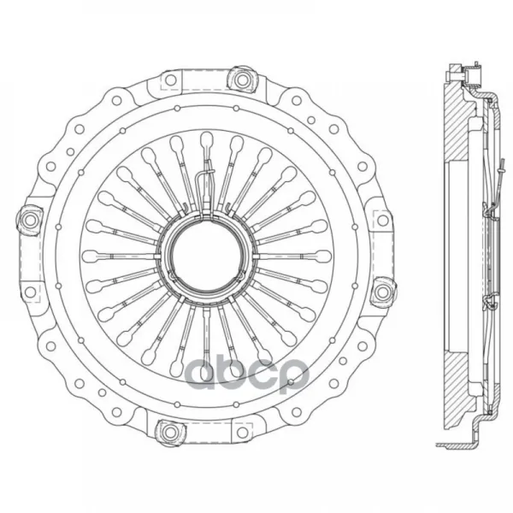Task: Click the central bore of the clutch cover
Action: click(x=207, y=256)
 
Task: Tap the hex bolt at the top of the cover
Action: click(x=241, y=80)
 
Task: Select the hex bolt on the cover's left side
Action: click(x=30, y=219)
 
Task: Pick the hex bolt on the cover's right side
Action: click(x=383, y=292)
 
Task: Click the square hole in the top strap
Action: click(x=170, y=80)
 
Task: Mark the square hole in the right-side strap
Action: click(x=382, y=221)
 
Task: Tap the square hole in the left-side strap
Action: click(x=30, y=292)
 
